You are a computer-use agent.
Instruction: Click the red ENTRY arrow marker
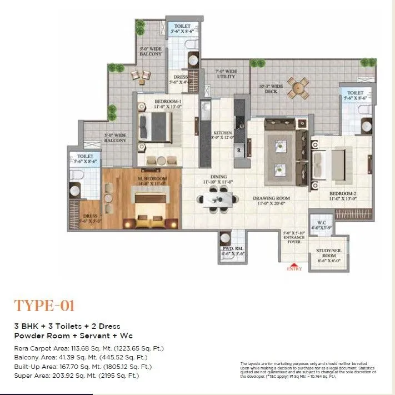pyautogui.click(x=294, y=264)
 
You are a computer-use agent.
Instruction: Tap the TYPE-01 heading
pyautogui.click(x=44, y=306)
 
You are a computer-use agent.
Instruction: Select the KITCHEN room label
pyautogui.click(x=222, y=136)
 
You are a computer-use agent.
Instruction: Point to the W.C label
pyautogui.click(x=318, y=225)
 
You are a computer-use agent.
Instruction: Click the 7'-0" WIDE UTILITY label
pyautogui.click(x=226, y=74)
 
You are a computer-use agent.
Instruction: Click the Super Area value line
pyautogui.click(x=76, y=376)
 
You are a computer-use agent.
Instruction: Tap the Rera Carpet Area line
pyautogui.click(x=89, y=348)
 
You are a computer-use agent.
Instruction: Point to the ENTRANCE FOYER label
pyautogui.click(x=294, y=238)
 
